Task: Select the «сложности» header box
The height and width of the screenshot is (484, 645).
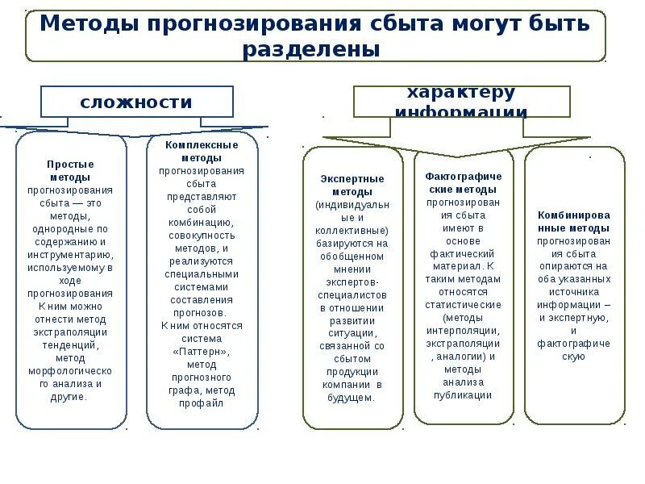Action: tap(137, 102)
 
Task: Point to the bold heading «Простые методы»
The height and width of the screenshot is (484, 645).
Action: tap(70, 170)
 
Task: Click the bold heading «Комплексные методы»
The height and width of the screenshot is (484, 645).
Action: tap(202, 151)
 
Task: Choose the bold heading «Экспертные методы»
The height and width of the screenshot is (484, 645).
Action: tap(352, 186)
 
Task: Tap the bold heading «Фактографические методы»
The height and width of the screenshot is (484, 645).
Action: tap(464, 182)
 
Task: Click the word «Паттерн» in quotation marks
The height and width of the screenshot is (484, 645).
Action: tap(202, 352)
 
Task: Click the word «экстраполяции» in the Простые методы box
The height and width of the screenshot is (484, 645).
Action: tap(70, 332)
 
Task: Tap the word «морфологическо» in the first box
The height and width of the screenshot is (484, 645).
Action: tap(70, 370)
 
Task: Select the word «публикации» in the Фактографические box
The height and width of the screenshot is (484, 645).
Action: tap(463, 395)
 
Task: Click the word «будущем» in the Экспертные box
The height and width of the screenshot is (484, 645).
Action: tap(352, 398)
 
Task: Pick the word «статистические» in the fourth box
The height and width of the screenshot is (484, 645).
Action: tap(463, 305)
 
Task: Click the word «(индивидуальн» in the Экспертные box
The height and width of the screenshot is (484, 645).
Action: tap(352, 205)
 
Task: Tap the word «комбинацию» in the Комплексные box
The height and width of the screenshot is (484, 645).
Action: tap(202, 222)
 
